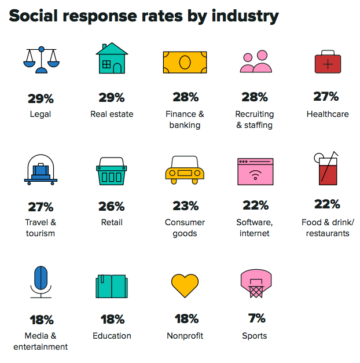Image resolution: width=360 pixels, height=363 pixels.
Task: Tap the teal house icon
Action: pos(112,58)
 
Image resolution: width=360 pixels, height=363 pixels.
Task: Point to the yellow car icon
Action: pos(185,171)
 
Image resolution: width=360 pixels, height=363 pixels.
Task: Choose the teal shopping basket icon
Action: pos(112,171)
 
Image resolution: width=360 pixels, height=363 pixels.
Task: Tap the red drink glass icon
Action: pos(327,169)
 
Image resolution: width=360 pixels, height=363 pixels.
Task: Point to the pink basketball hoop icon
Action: pos(255,283)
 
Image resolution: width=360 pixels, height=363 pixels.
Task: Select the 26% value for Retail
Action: pos(112,206)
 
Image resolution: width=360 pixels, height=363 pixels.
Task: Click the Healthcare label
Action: pos(328,114)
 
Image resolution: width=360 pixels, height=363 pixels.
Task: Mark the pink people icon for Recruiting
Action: pos(255,61)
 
